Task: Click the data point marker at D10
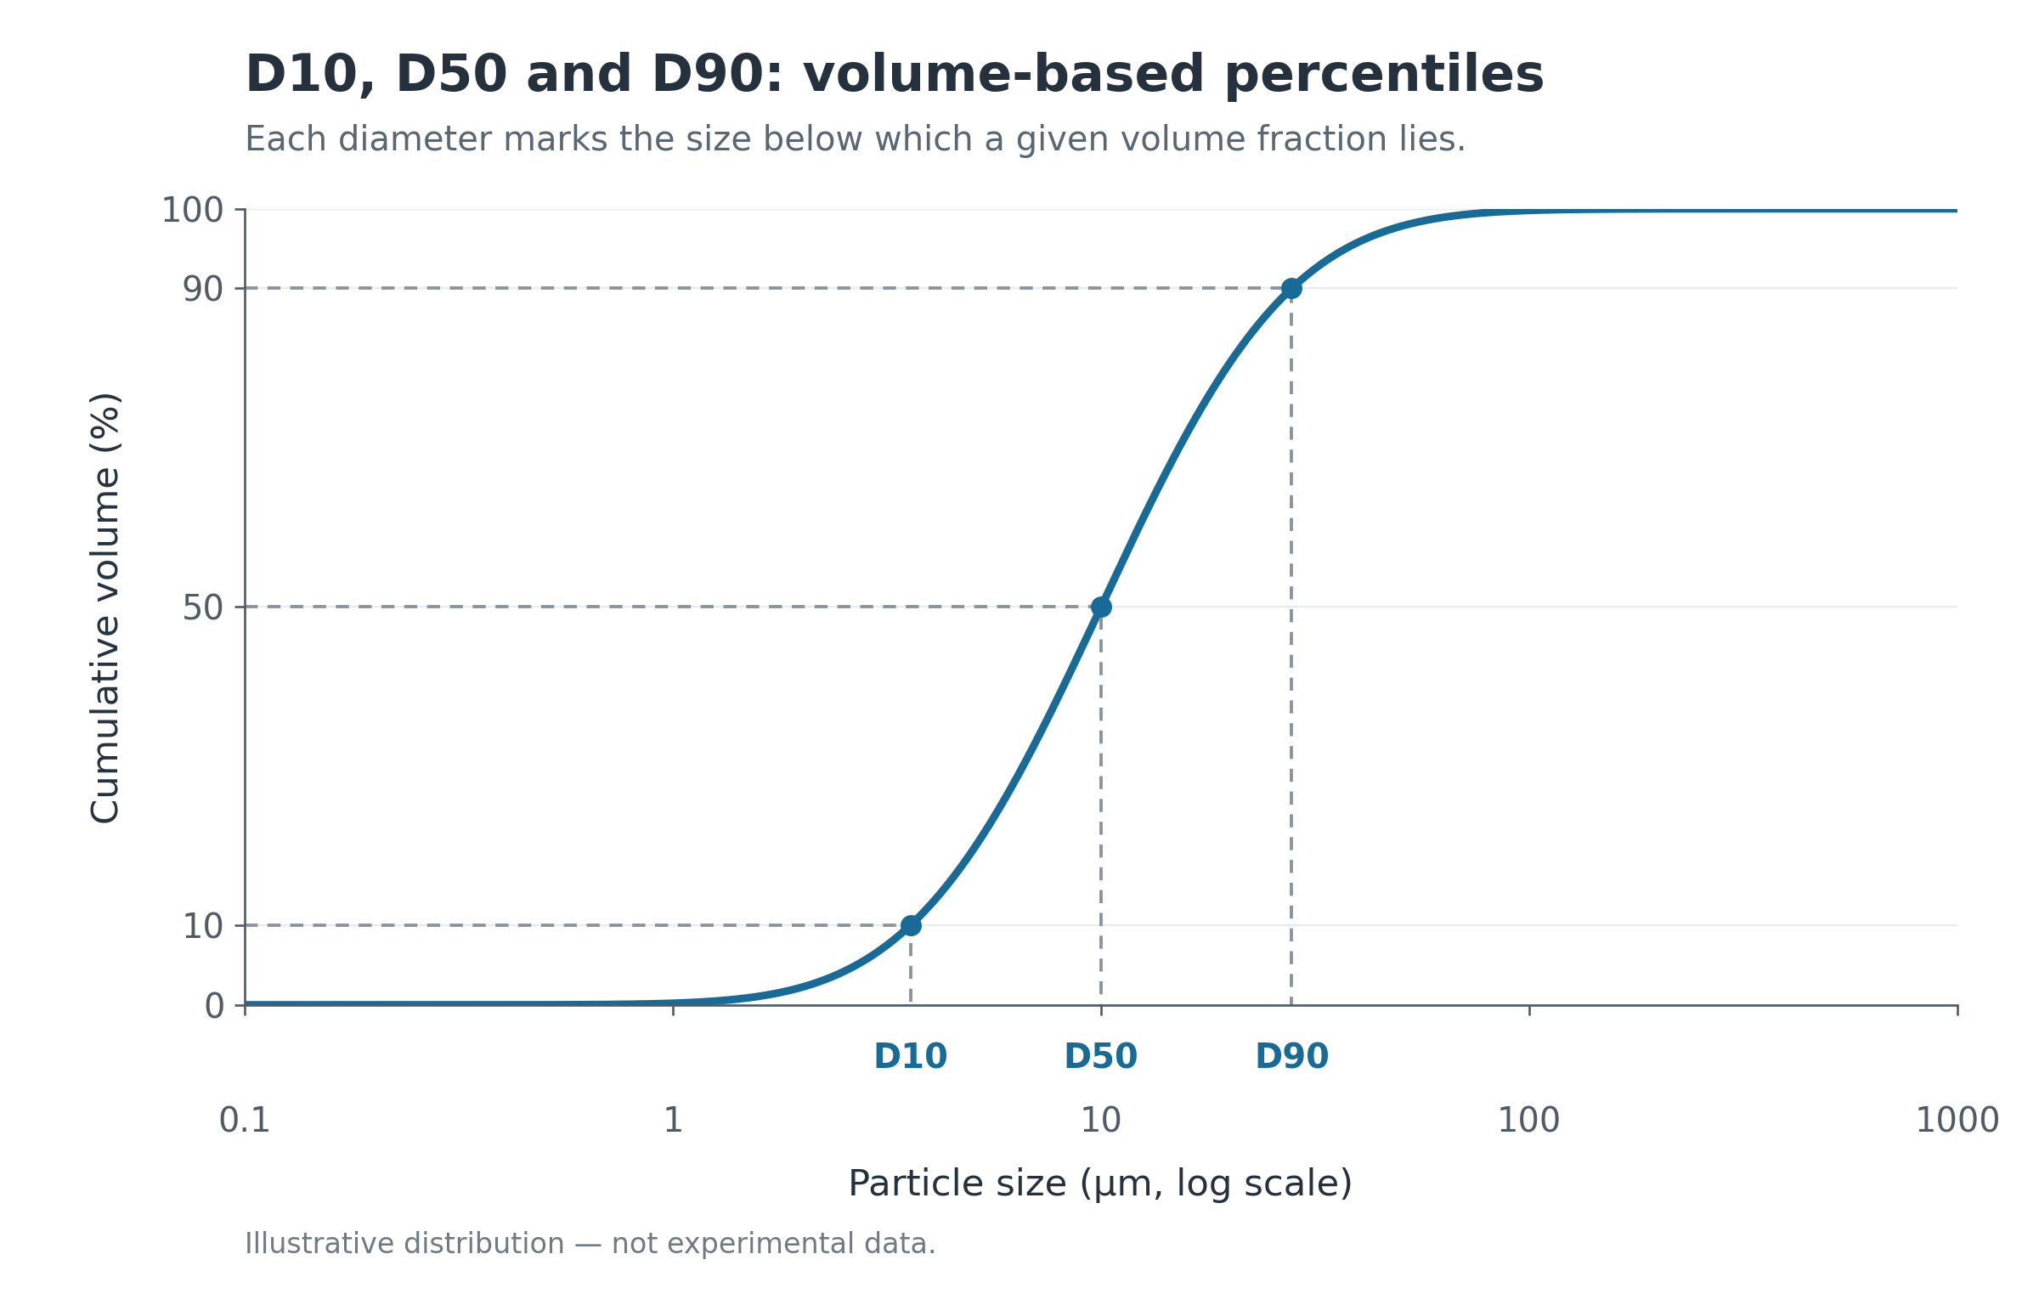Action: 911,925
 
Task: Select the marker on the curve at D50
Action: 1101,607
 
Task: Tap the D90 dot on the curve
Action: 1291,288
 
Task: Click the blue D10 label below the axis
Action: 911,1056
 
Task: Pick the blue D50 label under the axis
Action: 1101,1056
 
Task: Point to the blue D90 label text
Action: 1291,1056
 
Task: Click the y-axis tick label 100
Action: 193,210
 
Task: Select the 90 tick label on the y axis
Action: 203,289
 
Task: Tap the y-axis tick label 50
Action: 203,607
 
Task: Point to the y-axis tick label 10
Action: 203,926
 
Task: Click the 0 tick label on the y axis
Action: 214,1006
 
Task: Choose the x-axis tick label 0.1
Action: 245,1120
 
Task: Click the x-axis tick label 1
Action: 673,1120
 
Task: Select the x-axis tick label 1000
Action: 1957,1120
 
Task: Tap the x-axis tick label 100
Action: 1529,1120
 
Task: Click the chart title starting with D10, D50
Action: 895,75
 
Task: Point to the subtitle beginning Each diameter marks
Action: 856,139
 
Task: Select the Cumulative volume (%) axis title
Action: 105,607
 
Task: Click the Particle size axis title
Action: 1100,1184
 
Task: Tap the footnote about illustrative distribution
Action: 590,1244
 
